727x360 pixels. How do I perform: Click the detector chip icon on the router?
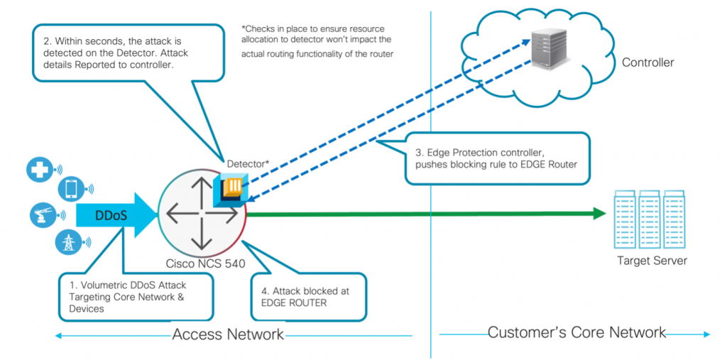point(232,189)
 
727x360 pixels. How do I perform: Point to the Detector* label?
point(248,164)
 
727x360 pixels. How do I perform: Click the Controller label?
point(647,62)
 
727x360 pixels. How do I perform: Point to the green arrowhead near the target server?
point(598,213)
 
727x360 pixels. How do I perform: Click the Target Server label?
point(652,261)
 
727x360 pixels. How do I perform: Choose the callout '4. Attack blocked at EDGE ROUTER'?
point(309,297)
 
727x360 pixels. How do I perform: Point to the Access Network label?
point(227,334)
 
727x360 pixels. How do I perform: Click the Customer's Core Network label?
point(576,332)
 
